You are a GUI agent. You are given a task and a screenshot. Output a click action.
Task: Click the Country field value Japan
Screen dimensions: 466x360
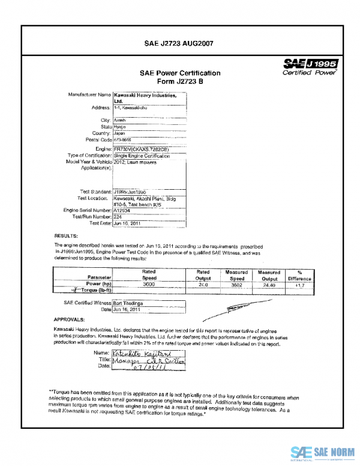click(x=120, y=133)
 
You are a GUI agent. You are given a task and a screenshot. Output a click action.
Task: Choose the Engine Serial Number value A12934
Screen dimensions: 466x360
click(x=122, y=210)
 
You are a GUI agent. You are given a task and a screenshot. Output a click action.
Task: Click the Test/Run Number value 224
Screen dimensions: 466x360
click(x=118, y=216)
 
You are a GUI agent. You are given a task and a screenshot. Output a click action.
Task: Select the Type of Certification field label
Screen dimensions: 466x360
click(x=89, y=156)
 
